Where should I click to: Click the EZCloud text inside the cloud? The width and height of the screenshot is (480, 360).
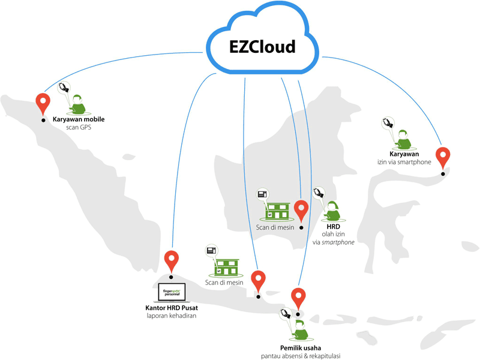point(262,47)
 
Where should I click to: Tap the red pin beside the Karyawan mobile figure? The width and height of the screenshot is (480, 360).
point(42,103)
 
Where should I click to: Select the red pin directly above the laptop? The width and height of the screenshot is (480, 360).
point(172,260)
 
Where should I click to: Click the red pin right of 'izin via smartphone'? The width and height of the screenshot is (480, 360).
point(443,157)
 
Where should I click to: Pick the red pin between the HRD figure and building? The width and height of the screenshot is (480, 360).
point(301,210)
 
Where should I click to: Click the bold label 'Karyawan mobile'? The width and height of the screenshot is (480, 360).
point(78,119)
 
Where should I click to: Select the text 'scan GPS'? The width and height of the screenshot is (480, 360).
point(78,127)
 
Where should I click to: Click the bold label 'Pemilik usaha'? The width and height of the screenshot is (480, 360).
point(301,347)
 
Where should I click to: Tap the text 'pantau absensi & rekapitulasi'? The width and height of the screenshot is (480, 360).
point(301,356)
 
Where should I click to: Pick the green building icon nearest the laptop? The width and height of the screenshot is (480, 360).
point(226,268)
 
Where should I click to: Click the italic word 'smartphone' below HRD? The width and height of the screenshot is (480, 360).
point(337,242)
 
